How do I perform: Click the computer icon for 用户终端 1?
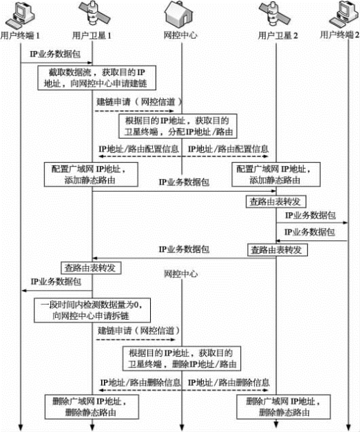tap(20, 15)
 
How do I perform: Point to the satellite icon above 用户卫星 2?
tap(274, 14)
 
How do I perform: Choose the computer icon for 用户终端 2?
tap(344, 15)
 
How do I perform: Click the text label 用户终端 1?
tap(20, 36)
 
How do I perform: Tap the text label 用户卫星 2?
tap(277, 36)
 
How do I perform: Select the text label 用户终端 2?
tap(339, 35)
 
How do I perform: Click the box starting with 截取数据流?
tap(96, 78)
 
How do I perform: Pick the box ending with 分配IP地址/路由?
tap(178, 126)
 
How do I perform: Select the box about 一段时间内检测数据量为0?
tap(92, 310)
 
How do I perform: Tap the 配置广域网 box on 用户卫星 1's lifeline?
tap(91, 174)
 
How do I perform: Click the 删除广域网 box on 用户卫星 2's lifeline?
tap(283, 407)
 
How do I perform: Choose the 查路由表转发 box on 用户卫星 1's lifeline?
tap(91, 268)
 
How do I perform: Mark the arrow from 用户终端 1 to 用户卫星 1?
tap(56, 63)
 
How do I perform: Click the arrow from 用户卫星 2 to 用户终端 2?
tap(312, 223)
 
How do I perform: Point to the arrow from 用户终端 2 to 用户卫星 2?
tap(312, 241)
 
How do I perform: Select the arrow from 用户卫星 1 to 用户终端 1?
tap(56, 290)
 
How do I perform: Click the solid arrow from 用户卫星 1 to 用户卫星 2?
tap(184, 191)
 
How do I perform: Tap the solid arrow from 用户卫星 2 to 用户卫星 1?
tap(184, 258)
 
